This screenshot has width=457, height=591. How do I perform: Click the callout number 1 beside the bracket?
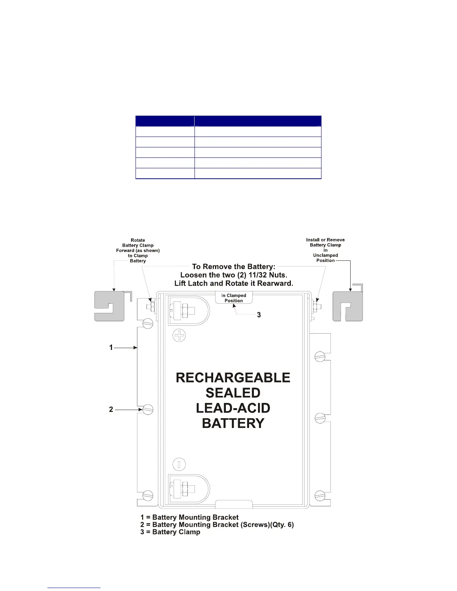111,347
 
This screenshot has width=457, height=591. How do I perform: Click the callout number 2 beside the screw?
111,409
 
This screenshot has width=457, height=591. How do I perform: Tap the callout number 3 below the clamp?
259,315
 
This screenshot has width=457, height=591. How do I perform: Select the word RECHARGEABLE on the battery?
233,378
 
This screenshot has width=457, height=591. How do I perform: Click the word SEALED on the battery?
233,393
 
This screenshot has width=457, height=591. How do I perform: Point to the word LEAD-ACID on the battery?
233,408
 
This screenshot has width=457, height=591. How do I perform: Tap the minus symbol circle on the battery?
179,464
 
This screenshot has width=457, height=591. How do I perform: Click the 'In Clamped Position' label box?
234,298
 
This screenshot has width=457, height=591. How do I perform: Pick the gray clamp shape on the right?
348,306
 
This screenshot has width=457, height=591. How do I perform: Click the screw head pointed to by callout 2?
148,409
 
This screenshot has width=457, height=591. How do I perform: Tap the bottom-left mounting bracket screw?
148,495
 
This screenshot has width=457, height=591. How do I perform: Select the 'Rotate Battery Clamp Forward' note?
138,250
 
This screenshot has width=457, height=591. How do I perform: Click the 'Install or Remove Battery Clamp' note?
325,250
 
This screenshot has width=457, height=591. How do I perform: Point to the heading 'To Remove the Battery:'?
234,266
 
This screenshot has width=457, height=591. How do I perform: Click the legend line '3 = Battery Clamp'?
170,532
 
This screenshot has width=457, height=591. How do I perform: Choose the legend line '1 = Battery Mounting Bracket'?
189,517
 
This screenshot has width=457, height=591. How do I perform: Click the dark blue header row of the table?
228,121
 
